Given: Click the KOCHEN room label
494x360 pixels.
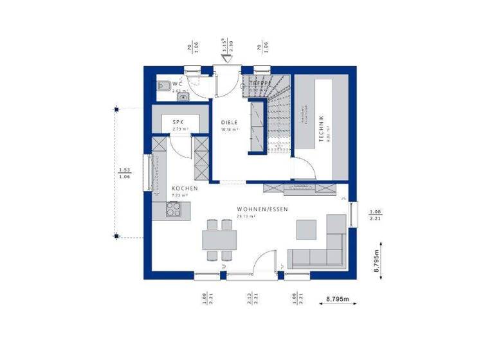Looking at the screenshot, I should point(184,188).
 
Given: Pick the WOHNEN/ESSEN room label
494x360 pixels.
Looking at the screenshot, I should point(262,210).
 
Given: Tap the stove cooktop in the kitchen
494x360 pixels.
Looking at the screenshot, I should point(174,208).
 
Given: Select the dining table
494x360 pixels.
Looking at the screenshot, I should point(218,240).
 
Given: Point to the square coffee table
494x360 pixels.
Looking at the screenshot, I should point(306,229).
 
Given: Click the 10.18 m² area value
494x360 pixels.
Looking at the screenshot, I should point(230,129).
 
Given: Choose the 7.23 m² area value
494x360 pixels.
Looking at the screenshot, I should point(179,195).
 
